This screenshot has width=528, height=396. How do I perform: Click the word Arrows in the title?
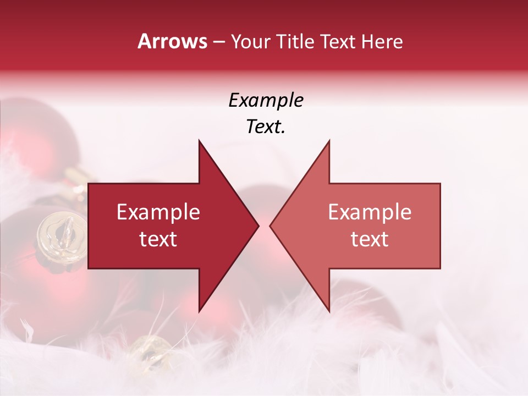(x=173, y=41)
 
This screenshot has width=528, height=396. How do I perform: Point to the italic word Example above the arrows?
(x=266, y=100)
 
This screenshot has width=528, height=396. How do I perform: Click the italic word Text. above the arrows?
(x=266, y=127)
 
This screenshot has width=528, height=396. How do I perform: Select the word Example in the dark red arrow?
(x=158, y=212)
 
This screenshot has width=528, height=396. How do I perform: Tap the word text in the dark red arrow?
(x=158, y=239)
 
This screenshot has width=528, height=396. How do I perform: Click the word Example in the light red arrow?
(x=370, y=212)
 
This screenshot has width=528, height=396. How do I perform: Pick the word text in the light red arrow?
(x=370, y=239)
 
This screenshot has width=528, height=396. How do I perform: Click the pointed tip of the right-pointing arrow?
(x=258, y=226)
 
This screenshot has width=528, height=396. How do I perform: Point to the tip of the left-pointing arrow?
(x=271, y=226)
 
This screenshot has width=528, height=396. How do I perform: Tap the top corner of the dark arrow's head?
(x=199, y=141)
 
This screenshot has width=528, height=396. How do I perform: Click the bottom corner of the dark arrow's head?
(x=199, y=311)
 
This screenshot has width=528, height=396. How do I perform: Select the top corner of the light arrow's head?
(x=329, y=141)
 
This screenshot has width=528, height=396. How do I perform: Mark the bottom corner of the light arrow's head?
(x=329, y=311)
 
